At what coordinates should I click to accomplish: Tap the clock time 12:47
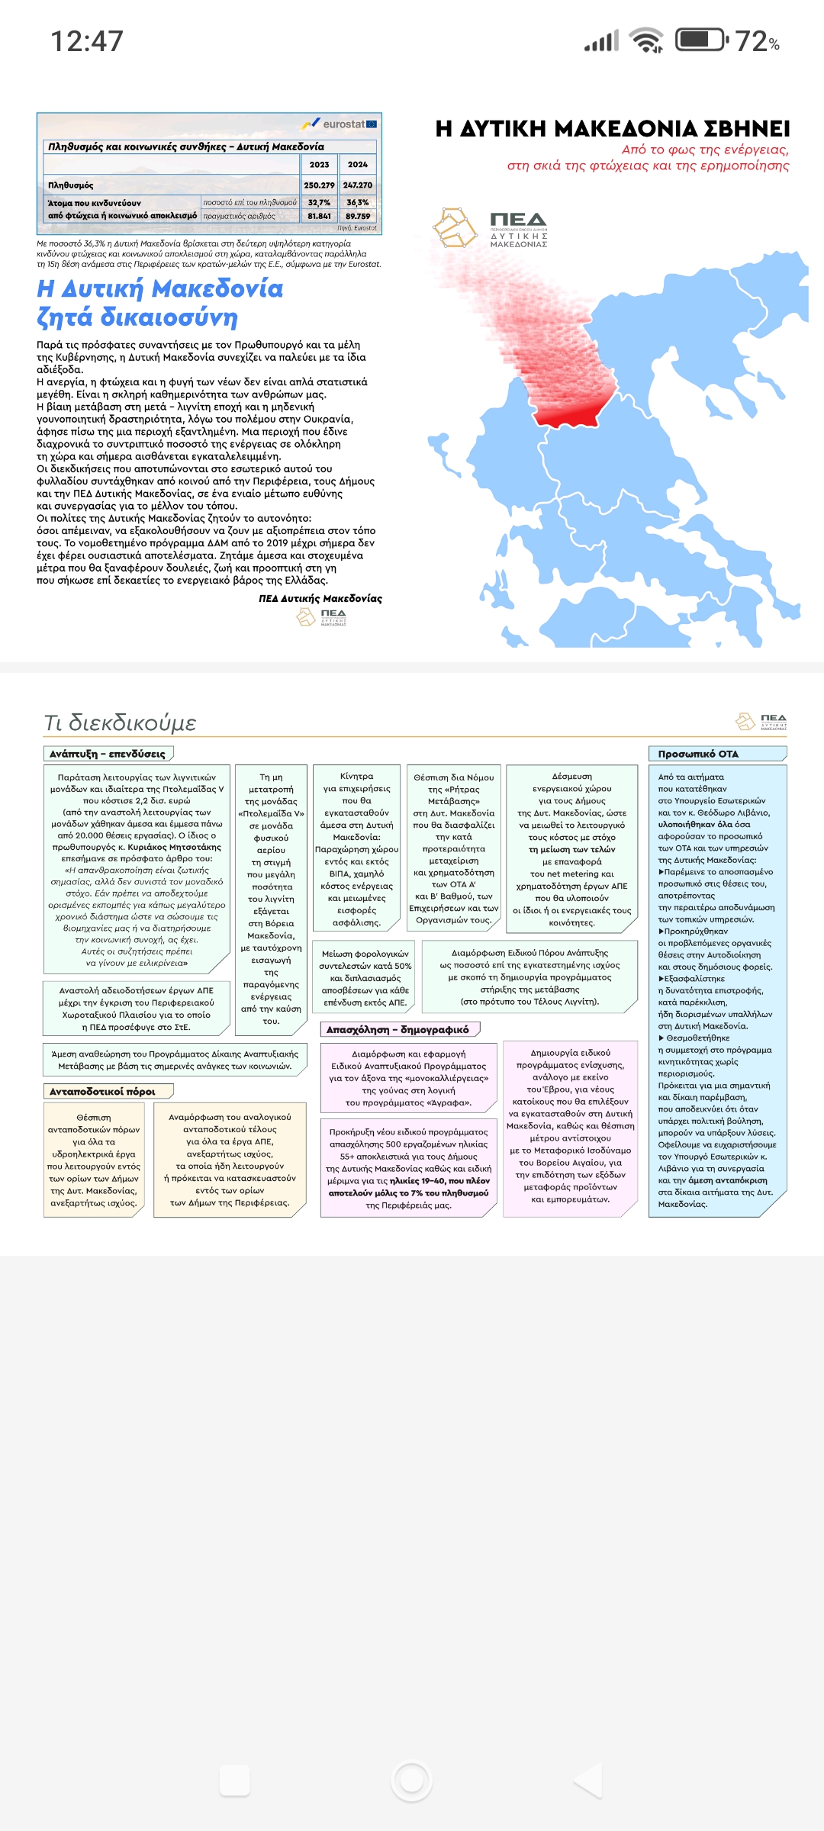(x=86, y=41)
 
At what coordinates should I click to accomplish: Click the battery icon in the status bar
(x=701, y=40)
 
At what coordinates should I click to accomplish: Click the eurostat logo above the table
(x=340, y=124)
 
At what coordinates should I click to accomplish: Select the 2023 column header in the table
(x=319, y=164)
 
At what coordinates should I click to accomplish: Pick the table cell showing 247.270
(x=357, y=185)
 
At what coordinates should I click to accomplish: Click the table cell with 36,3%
(x=357, y=202)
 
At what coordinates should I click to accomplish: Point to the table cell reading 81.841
(x=319, y=216)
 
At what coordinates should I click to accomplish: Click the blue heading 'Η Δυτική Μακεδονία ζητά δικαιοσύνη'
(x=160, y=303)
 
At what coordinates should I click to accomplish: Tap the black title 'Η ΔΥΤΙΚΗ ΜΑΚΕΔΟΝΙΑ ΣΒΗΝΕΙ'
(x=612, y=128)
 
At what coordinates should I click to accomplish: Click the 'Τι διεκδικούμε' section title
(x=121, y=722)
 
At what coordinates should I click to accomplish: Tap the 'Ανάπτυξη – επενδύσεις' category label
(x=108, y=754)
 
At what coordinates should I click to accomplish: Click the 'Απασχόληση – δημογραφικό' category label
(x=398, y=1029)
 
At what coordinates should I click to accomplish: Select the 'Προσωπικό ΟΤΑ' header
(x=698, y=754)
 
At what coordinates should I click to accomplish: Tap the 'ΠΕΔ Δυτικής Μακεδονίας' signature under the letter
(x=320, y=598)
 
